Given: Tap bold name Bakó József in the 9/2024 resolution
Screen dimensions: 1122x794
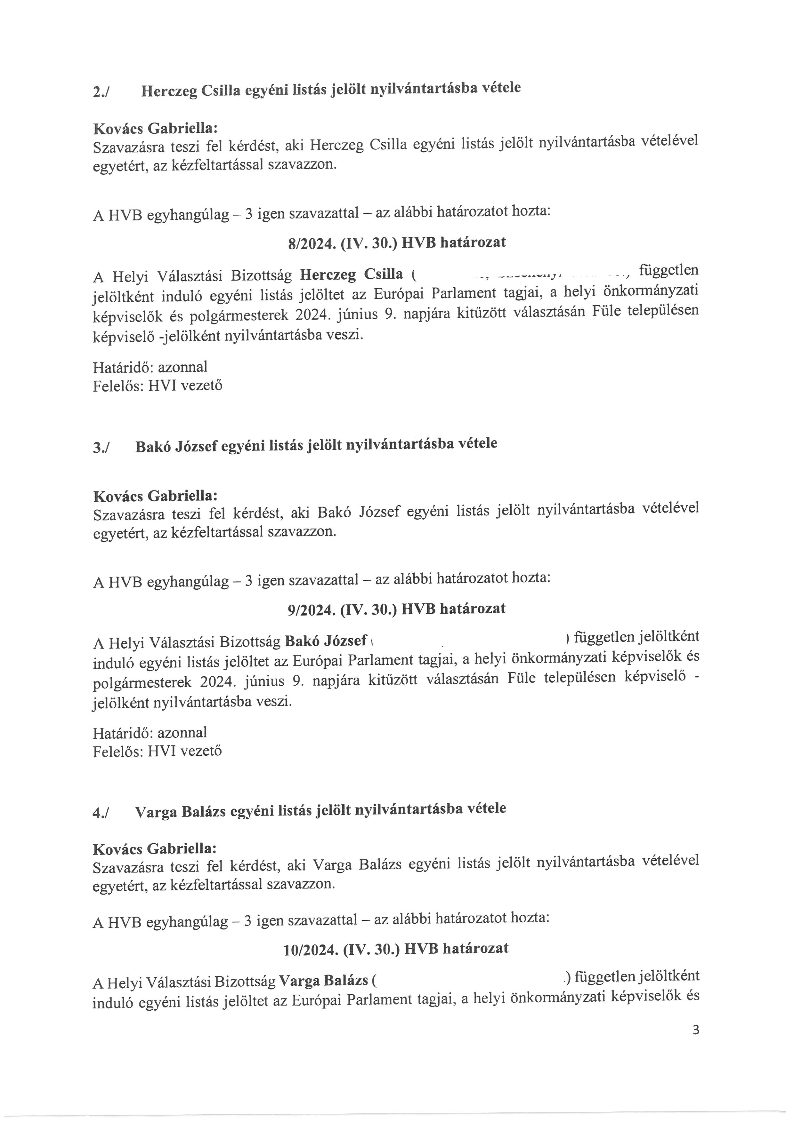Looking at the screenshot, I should (326, 640).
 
